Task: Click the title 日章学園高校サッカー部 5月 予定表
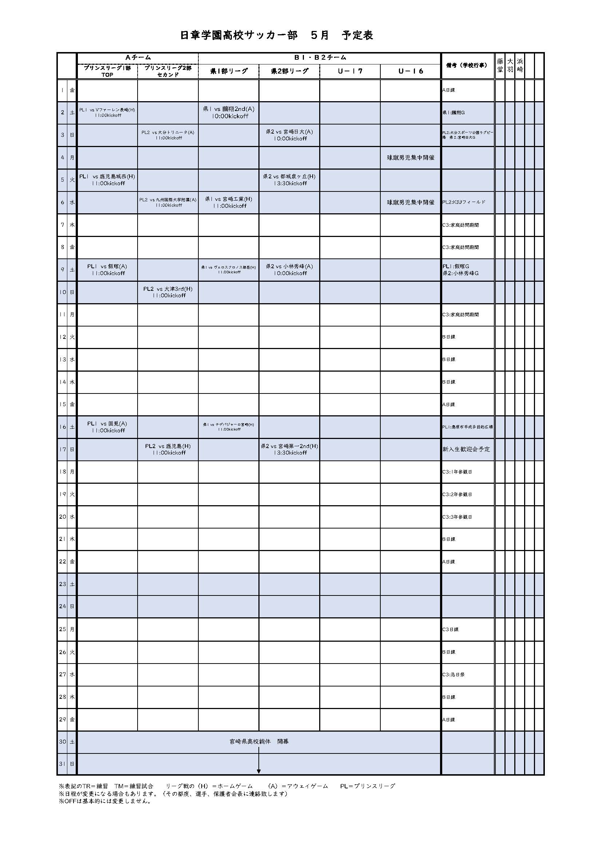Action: (x=276, y=35)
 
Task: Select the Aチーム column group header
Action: (x=138, y=58)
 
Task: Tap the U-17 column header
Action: (x=349, y=71)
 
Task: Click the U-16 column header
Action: (x=410, y=71)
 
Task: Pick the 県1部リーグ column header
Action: (x=229, y=71)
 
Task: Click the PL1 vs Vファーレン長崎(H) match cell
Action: (x=107, y=112)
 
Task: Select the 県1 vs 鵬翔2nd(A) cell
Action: (x=229, y=112)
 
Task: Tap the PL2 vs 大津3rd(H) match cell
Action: (x=168, y=292)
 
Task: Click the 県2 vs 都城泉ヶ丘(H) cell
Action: (x=289, y=180)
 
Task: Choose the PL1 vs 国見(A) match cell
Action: (x=107, y=427)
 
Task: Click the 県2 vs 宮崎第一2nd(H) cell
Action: (x=289, y=449)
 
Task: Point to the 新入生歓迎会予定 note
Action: (x=466, y=449)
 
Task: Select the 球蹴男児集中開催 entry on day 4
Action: (x=410, y=158)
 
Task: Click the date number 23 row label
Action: (x=62, y=584)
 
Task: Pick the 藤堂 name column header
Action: (x=500, y=65)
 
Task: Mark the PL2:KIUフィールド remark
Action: (x=463, y=202)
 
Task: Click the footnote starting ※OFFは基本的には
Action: (x=105, y=801)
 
